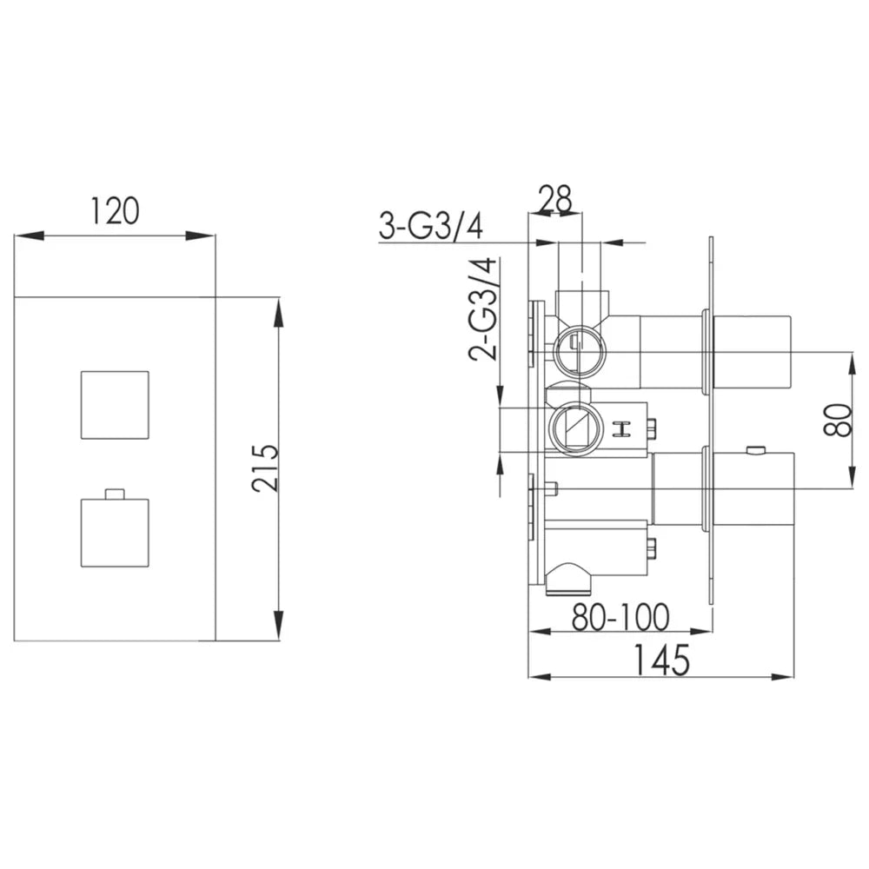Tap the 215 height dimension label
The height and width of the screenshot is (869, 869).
(265, 468)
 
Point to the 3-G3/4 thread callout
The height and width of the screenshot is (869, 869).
(431, 226)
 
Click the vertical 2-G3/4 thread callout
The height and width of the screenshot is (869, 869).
(483, 309)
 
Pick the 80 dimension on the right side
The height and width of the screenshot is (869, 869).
(838, 420)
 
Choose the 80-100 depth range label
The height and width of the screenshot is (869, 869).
(620, 617)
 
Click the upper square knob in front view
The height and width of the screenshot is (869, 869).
(115, 405)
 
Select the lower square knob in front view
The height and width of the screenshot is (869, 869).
(115, 534)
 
